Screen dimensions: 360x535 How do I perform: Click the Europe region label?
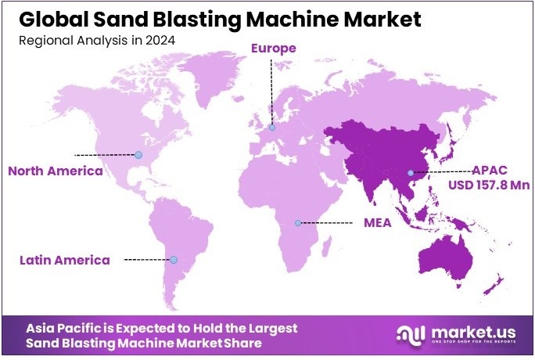tap(273, 49)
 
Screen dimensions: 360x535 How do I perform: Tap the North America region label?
tap(55, 171)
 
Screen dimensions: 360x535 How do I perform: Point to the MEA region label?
tap(377, 223)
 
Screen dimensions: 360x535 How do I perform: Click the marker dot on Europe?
tap(272, 128)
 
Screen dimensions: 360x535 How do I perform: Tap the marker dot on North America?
tap(138, 155)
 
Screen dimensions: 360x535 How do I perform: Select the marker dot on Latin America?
tap(174, 260)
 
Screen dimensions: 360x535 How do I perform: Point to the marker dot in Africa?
tap(297, 223)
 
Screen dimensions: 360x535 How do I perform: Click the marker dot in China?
tap(410, 172)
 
